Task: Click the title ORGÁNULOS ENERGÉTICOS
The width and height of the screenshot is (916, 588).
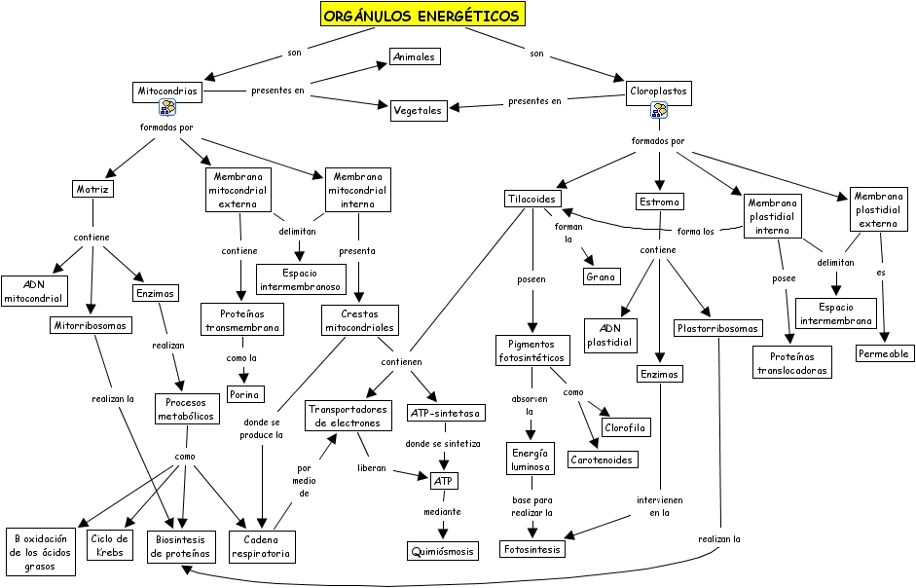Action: pyautogui.click(x=421, y=15)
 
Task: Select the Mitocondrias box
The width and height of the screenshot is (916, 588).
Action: pyautogui.click(x=167, y=92)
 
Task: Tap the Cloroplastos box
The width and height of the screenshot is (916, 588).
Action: pyautogui.click(x=659, y=92)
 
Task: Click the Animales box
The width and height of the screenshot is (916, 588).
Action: pyautogui.click(x=415, y=56)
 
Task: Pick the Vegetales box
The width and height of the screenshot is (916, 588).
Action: pyautogui.click(x=419, y=110)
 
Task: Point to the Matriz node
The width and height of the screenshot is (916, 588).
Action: pyautogui.click(x=92, y=188)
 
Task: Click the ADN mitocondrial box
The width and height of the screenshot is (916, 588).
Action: pyautogui.click(x=34, y=291)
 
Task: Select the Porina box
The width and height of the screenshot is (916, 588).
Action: pyautogui.click(x=245, y=394)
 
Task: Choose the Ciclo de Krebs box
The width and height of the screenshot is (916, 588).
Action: pyautogui.click(x=109, y=546)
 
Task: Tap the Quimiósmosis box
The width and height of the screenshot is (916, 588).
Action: pyautogui.click(x=443, y=551)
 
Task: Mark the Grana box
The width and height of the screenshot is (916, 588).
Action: pyautogui.click(x=602, y=277)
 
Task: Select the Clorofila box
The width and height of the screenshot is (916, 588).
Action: pyautogui.click(x=625, y=427)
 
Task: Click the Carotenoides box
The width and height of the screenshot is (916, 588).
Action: pyautogui.click(x=602, y=459)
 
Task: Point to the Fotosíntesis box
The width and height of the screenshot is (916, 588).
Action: pyautogui.click(x=532, y=549)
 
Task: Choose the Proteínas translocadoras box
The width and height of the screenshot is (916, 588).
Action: pyautogui.click(x=791, y=362)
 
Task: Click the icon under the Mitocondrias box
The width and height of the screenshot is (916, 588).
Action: pyautogui.click(x=167, y=108)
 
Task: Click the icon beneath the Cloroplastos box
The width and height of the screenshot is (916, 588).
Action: pyautogui.click(x=659, y=109)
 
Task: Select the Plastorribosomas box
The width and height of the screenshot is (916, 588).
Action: pyautogui.click(x=717, y=328)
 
